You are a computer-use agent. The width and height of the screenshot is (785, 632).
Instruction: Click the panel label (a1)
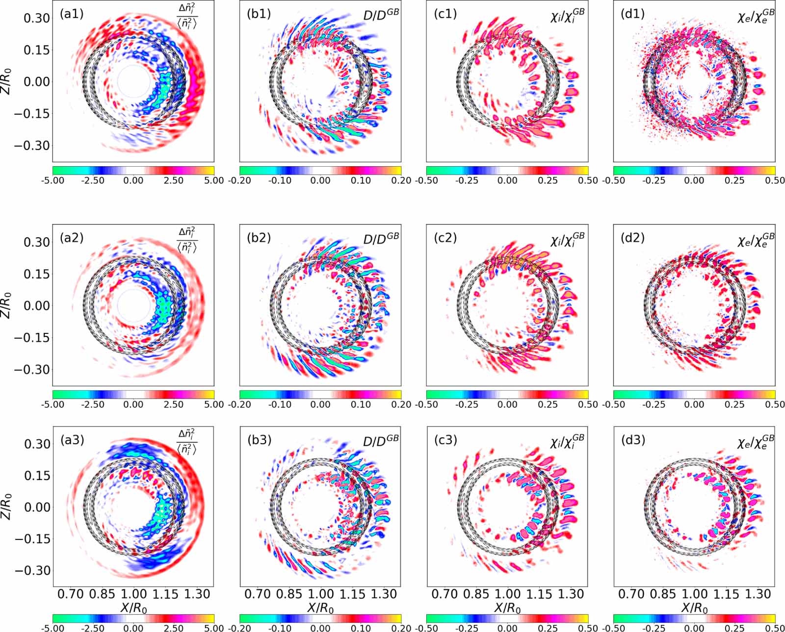(x=71, y=14)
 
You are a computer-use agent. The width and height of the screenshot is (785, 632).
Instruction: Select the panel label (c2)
(x=445, y=238)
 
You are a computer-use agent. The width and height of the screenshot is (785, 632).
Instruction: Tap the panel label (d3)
(x=632, y=440)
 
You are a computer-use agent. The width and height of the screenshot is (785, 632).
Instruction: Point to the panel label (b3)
(x=259, y=440)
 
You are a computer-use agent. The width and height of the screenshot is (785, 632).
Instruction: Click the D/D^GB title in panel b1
(x=381, y=15)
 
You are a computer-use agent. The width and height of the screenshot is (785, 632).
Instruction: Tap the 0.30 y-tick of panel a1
(x=37, y=18)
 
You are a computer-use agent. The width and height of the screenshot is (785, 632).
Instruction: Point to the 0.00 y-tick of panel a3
(x=37, y=507)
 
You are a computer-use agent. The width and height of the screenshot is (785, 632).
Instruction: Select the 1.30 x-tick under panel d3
(x=759, y=594)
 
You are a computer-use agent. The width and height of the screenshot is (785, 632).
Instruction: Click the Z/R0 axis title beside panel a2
(x=7, y=305)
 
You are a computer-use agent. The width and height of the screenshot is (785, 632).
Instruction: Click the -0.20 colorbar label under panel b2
(x=240, y=404)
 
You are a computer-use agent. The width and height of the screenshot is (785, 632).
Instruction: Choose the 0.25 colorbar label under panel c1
(x=548, y=180)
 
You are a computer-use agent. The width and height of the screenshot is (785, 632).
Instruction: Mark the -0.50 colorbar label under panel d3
(x=614, y=629)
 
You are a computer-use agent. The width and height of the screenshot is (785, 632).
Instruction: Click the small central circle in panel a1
(x=134, y=82)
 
